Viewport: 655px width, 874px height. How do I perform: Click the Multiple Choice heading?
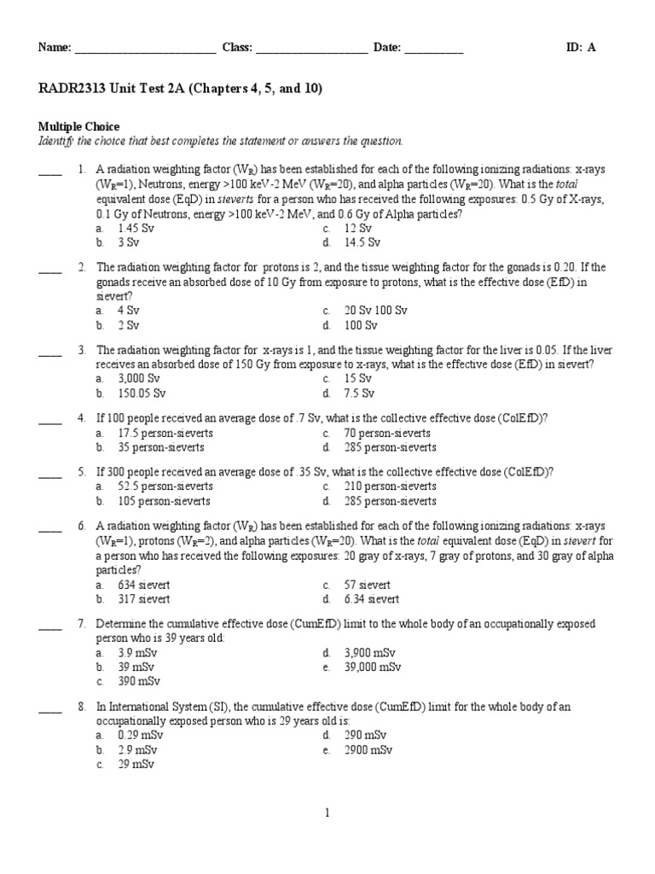click(x=78, y=126)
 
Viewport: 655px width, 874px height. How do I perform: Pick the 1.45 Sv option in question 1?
click(x=136, y=229)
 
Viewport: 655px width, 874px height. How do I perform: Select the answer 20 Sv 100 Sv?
click(x=375, y=311)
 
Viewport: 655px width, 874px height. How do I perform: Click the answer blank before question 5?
click(x=50, y=471)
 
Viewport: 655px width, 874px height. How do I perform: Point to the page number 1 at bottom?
click(x=327, y=813)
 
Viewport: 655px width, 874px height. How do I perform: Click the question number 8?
click(x=82, y=707)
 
